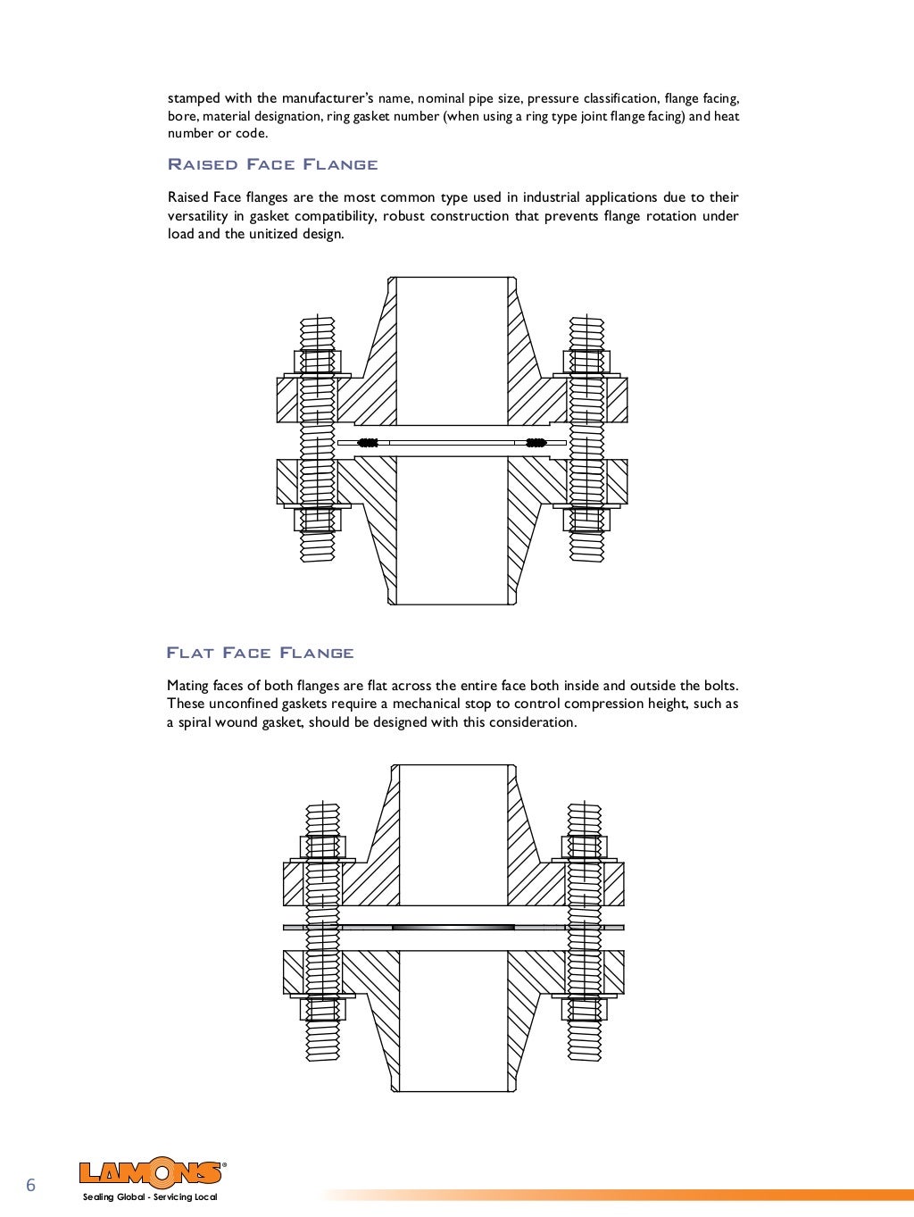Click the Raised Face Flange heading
(x=272, y=164)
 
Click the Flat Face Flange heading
(x=260, y=653)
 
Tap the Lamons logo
(x=151, y=1172)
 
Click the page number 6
(x=30, y=1186)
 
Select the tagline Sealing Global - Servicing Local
(x=149, y=1197)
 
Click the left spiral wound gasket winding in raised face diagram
(x=369, y=442)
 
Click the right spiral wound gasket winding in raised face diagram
(x=536, y=442)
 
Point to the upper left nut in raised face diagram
(x=317, y=362)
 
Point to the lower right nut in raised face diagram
(x=586, y=519)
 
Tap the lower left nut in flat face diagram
(x=322, y=1008)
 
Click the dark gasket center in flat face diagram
(x=453, y=927)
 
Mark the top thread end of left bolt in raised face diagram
(x=317, y=320)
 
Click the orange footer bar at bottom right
(x=714, y=1194)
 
